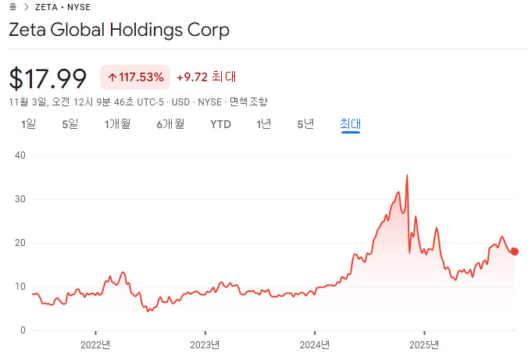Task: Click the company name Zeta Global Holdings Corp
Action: [x=119, y=30]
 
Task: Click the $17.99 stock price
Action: [x=48, y=78]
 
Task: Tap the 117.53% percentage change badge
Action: [x=135, y=77]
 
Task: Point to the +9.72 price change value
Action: [x=192, y=77]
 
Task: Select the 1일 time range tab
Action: [x=29, y=123]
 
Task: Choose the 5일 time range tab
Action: [x=70, y=123]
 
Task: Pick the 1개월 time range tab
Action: [x=117, y=123]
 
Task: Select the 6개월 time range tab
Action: [x=169, y=123]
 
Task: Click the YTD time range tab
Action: [x=221, y=123]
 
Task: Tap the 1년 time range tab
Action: [x=263, y=123]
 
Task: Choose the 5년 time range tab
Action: [x=305, y=123]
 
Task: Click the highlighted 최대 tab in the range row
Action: [x=350, y=123]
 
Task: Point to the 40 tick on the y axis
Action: [x=20, y=155]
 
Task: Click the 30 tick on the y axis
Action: [x=20, y=199]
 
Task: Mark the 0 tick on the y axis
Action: [x=23, y=331]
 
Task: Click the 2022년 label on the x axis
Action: [x=95, y=344]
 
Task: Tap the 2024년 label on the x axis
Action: [x=315, y=344]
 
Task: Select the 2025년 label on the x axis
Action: [x=424, y=344]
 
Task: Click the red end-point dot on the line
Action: [x=514, y=251]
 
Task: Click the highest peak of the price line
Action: [x=407, y=176]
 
